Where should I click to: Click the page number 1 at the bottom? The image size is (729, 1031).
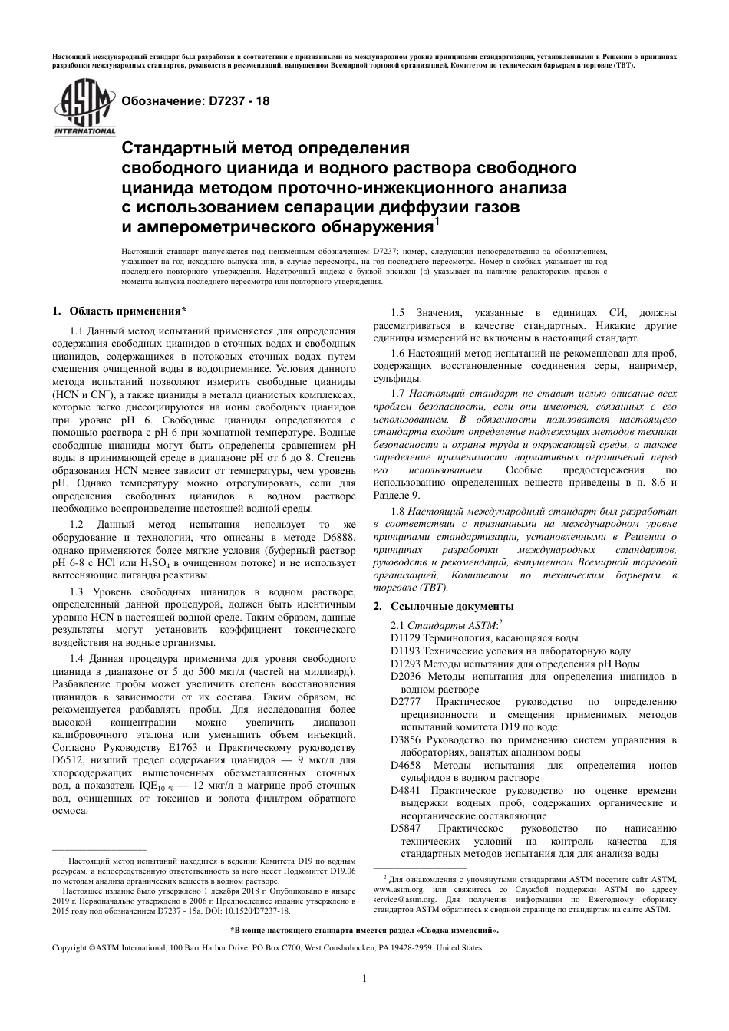(364, 977)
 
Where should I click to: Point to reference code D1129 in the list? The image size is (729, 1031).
(405, 637)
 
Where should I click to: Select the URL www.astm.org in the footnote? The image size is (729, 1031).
(397, 890)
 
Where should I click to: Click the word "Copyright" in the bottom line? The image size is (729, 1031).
(69, 948)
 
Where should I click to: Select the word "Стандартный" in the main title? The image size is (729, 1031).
(176, 147)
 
